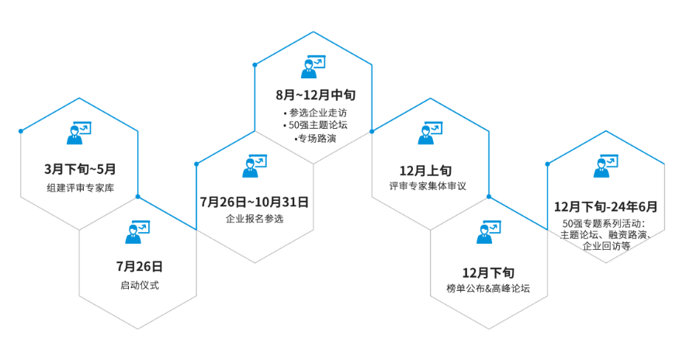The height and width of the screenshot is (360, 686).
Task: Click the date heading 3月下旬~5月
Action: (x=80, y=168)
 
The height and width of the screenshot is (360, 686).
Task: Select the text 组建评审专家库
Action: (x=80, y=188)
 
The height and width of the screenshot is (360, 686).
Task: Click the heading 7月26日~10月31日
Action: (x=255, y=202)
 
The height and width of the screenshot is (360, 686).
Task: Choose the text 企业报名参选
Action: (x=255, y=219)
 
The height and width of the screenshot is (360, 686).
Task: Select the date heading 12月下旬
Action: (x=488, y=272)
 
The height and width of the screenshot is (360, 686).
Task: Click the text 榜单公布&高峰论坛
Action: (x=488, y=289)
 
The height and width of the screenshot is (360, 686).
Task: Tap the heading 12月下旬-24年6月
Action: (x=605, y=206)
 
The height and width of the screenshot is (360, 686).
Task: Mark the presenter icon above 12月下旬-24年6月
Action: (x=605, y=165)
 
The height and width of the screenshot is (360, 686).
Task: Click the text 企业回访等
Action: (x=606, y=246)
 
